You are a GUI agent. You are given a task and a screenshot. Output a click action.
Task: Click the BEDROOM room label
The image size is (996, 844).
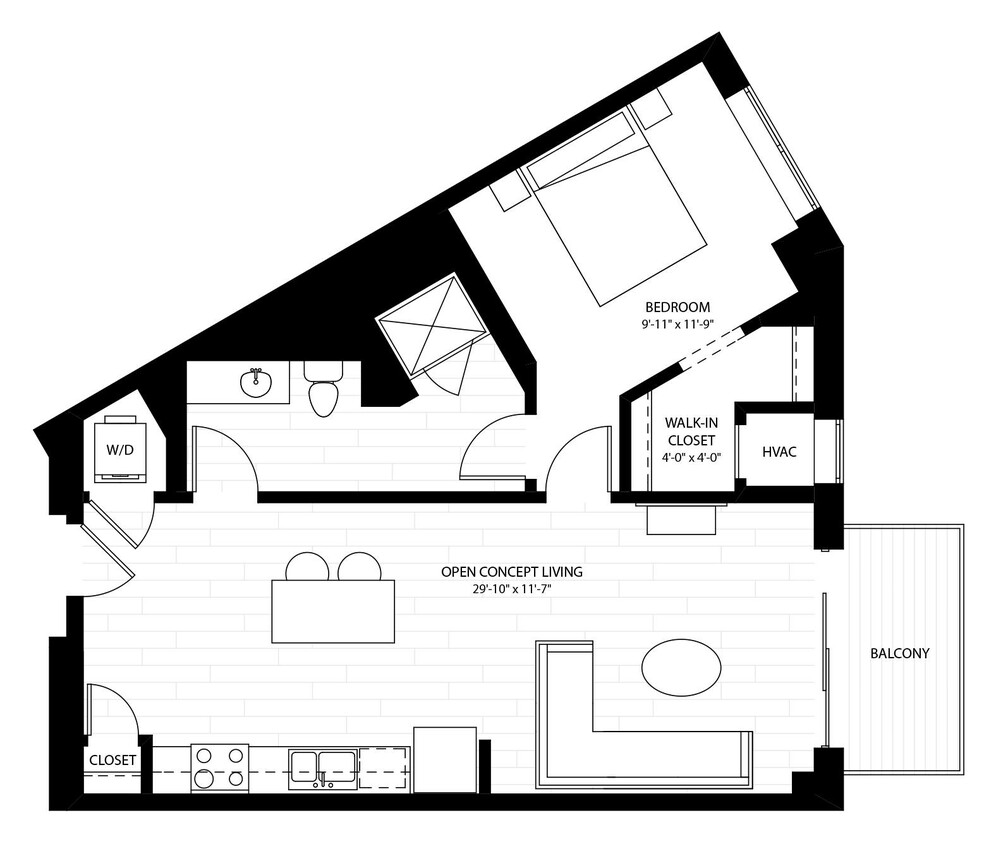click(x=677, y=306)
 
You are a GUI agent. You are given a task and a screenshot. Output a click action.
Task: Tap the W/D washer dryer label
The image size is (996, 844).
click(x=120, y=449)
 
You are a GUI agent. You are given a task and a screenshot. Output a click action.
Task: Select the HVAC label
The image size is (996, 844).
click(x=779, y=452)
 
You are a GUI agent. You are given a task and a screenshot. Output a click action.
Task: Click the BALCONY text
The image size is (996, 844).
click(x=900, y=654)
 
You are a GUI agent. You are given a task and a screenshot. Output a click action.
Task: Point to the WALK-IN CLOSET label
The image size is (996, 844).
click(x=690, y=431)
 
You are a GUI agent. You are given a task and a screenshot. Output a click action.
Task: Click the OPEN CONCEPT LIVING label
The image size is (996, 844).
click(x=511, y=572)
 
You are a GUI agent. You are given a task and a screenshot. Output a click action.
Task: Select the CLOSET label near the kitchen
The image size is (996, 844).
click(x=112, y=760)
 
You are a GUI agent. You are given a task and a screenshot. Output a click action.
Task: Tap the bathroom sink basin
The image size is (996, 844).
click(x=256, y=381)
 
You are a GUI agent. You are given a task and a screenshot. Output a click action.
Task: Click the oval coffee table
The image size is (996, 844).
click(x=680, y=665)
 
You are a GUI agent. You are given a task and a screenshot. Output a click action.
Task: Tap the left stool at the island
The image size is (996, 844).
click(x=307, y=568)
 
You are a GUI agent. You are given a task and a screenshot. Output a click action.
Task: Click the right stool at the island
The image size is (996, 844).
click(x=359, y=568)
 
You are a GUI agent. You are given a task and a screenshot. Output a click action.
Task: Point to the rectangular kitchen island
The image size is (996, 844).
click(x=332, y=611)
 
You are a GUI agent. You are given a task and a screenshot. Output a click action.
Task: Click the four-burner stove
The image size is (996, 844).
click(x=219, y=767)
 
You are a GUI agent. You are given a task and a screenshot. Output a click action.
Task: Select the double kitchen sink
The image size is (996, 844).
click(x=323, y=767)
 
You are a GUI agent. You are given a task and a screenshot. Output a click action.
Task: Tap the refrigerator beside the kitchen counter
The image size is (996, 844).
click(x=445, y=760)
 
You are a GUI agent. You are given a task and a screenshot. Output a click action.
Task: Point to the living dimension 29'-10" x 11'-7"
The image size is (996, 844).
click(x=511, y=589)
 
